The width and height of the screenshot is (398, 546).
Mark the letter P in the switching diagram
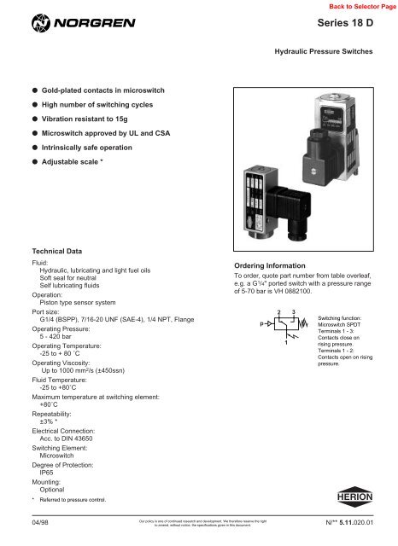249,326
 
